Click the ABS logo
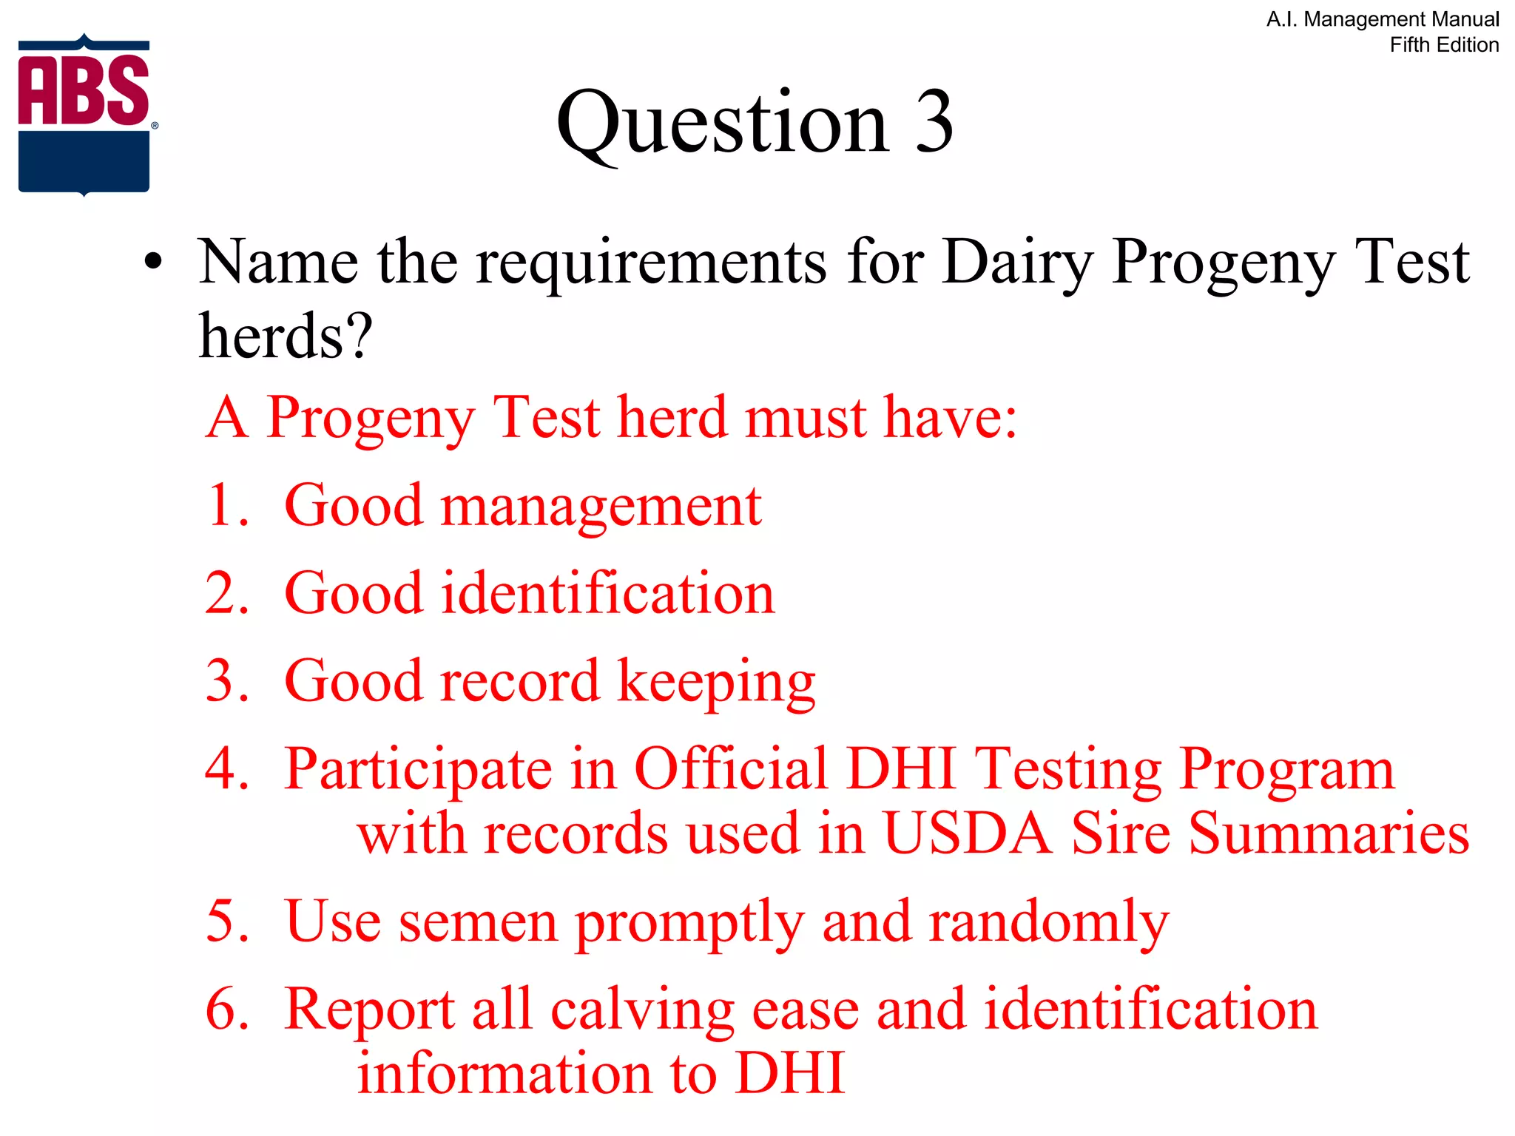point(84,115)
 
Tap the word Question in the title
point(722,124)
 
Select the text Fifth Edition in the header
point(1444,45)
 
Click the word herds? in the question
point(286,337)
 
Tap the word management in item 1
point(601,508)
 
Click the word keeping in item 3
point(716,683)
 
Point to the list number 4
point(226,768)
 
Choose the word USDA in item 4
point(968,834)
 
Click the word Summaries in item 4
point(1329,834)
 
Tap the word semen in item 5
point(478,922)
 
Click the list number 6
point(226,1009)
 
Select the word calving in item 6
point(642,1011)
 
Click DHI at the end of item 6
point(790,1073)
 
